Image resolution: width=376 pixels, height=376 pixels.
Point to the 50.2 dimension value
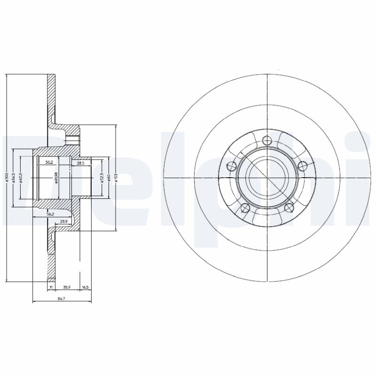[x=48, y=163]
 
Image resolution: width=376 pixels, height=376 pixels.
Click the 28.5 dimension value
[x=80, y=163]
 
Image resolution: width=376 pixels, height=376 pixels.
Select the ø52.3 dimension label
[x=102, y=178]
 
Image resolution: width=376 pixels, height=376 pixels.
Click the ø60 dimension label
[x=108, y=178]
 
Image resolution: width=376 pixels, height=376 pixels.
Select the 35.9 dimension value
[x=67, y=286]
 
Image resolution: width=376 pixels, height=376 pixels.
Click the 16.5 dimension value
[x=85, y=286]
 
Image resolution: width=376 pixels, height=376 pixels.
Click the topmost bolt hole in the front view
[x=267, y=140]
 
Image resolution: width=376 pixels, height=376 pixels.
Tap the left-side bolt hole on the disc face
[x=231, y=165]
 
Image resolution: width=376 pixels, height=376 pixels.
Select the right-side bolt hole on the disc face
[x=303, y=165]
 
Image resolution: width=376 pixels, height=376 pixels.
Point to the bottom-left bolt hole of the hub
[x=244, y=208]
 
